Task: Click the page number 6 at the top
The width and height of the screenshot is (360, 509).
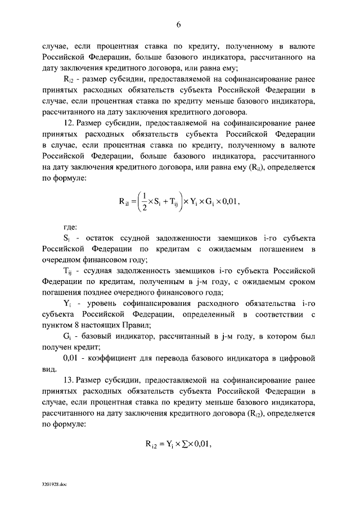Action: tap(179, 24)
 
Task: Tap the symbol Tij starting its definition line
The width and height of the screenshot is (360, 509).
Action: tap(68, 271)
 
